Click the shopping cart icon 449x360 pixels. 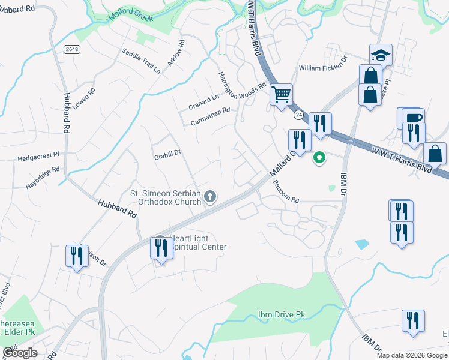pyautogui.click(x=281, y=95)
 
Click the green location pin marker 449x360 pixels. pyautogui.click(x=319, y=158)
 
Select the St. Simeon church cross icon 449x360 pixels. pyautogui.click(x=210, y=196)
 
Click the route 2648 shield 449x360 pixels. pyautogui.click(x=71, y=49)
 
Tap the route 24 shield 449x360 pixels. pyautogui.click(x=298, y=114)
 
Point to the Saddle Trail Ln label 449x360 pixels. pyautogui.click(x=141, y=61)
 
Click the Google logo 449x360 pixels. pyautogui.click(x=19, y=353)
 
